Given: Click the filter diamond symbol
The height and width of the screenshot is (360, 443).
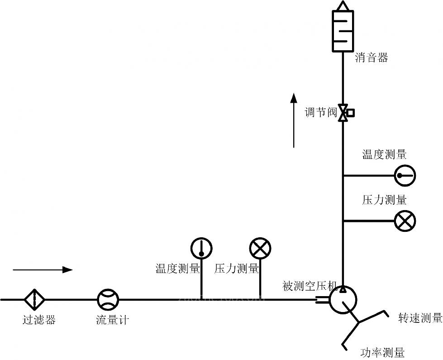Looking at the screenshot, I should [x=34, y=299].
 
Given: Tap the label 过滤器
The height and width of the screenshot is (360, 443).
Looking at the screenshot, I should [x=39, y=320].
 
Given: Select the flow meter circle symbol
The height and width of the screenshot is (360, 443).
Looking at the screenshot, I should [x=108, y=299].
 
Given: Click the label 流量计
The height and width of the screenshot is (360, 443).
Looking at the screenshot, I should [x=112, y=320].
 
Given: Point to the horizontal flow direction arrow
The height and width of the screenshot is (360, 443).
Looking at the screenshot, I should [x=43, y=270].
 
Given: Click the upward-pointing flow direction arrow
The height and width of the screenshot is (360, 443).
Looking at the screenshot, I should [x=294, y=120].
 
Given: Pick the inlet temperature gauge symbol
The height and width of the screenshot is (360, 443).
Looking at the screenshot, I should [x=201, y=248].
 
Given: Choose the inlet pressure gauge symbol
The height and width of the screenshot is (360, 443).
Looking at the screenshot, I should [x=260, y=248].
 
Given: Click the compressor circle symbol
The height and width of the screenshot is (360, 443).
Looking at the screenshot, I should [x=343, y=299].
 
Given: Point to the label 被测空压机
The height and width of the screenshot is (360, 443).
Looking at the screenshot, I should [x=310, y=286].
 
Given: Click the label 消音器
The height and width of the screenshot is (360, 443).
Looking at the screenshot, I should [x=372, y=58].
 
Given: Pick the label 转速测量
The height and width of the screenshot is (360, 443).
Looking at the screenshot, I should [x=420, y=318].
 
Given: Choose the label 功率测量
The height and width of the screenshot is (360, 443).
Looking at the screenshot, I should [x=382, y=352].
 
